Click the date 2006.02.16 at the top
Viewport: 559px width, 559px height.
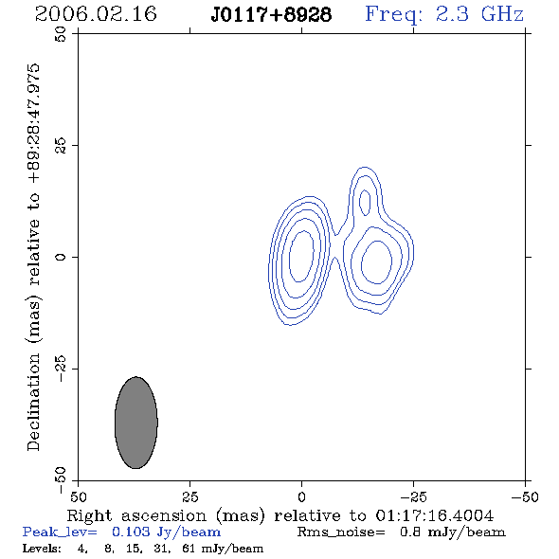point(96,14)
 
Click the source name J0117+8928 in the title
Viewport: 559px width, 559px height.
point(271,15)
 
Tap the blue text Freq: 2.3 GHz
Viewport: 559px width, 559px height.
point(444,15)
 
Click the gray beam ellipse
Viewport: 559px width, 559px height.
point(136,423)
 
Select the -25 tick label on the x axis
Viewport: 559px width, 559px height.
point(413,496)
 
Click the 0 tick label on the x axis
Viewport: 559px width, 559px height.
point(301,496)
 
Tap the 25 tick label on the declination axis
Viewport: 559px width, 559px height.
point(61,146)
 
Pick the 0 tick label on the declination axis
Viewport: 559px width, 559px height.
point(61,257)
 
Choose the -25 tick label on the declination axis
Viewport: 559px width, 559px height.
point(61,369)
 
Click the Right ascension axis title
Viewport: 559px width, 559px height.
point(280,515)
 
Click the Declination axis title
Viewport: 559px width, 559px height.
point(33,257)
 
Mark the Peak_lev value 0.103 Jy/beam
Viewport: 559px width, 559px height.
point(166,532)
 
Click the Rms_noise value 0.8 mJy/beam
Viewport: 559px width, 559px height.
point(452,532)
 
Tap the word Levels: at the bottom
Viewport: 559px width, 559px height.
point(42,549)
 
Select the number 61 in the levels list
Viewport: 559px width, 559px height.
point(189,549)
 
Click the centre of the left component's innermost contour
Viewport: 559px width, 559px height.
point(301,256)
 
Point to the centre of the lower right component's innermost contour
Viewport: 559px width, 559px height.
point(377,262)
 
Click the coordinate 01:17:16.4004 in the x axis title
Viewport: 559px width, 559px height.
point(435,515)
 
